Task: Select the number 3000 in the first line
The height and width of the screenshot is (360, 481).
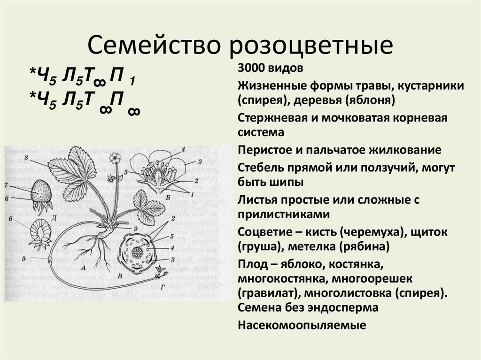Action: [252, 69]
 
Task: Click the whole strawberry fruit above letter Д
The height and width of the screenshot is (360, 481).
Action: [41, 192]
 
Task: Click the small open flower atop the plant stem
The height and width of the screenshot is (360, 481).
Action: [114, 158]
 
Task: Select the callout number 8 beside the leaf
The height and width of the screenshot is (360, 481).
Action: [26, 156]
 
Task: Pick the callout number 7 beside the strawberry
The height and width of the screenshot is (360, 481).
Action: [6, 185]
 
